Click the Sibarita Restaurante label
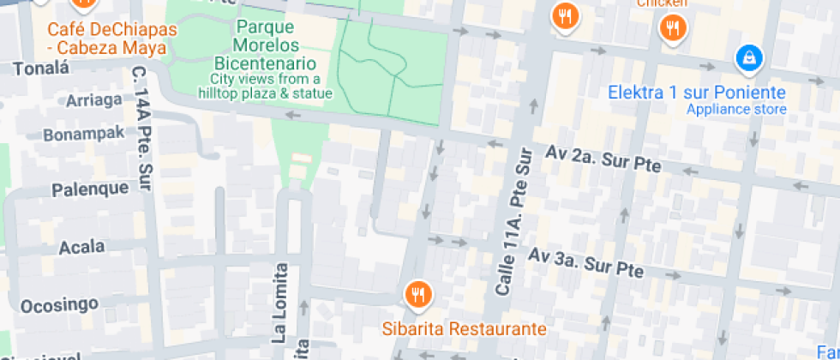click(x=464, y=329)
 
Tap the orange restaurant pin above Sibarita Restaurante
click(x=418, y=295)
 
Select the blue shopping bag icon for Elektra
click(x=749, y=58)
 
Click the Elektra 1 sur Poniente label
click(x=697, y=93)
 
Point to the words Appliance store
click(x=736, y=110)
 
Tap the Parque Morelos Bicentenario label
click(x=267, y=45)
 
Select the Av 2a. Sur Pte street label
click(x=603, y=159)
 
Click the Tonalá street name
click(x=40, y=68)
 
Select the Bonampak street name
click(x=84, y=135)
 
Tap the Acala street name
click(x=81, y=248)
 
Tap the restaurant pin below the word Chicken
click(x=673, y=28)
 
